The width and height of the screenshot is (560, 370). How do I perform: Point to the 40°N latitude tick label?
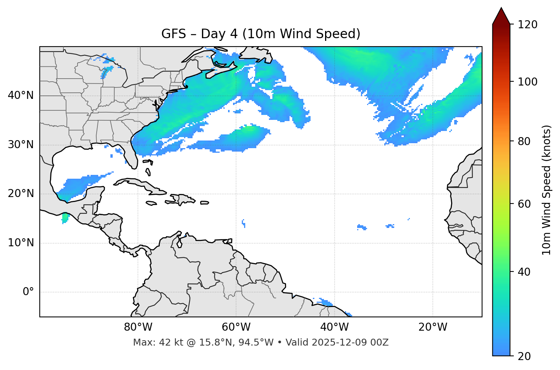[21, 95]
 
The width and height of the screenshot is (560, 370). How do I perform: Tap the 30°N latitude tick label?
[21, 145]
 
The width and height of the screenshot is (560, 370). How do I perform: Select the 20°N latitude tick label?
[21, 194]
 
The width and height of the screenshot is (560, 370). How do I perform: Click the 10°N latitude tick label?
[21, 243]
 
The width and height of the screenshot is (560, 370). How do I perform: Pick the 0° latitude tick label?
[28, 292]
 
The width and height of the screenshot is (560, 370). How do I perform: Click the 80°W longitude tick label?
[138, 327]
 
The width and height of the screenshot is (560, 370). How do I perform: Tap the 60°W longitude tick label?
[236, 327]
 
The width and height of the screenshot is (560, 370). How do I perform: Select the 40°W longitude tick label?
[334, 327]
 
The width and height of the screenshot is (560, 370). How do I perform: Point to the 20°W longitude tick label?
[432, 327]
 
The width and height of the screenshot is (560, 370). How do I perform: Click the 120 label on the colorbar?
[528, 25]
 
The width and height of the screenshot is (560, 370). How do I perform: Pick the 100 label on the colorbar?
[528, 82]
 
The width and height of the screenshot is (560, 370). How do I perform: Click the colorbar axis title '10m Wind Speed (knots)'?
[547, 190]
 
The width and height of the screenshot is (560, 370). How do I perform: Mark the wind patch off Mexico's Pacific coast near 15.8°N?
[65, 218]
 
